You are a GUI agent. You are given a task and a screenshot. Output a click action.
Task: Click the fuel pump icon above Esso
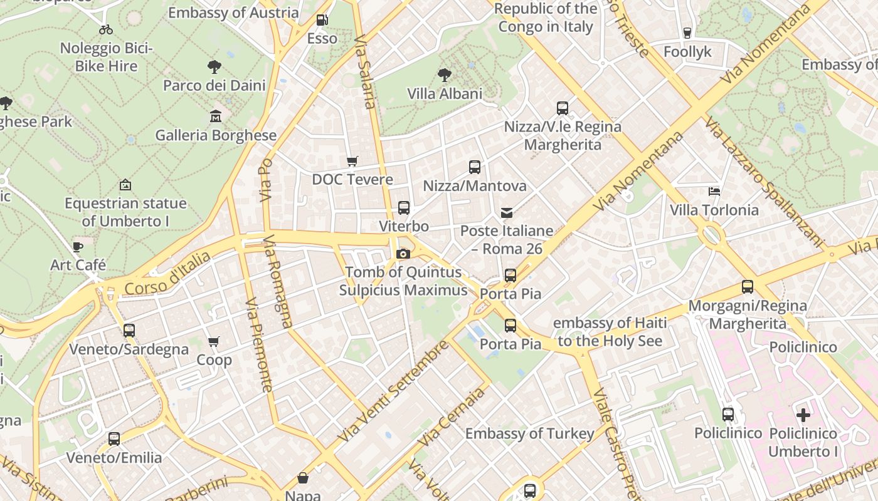(322, 20)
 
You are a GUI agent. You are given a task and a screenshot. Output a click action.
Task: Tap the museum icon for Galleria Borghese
(216, 116)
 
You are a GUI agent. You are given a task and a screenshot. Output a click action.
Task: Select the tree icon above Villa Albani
(445, 75)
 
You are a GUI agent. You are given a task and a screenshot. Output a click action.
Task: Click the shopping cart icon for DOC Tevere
(352, 161)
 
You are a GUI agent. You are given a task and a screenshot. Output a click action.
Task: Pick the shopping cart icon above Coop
(214, 342)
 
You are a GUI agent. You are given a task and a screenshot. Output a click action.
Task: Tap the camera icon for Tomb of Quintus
(403, 254)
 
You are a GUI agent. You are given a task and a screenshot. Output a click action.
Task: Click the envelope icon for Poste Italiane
(507, 213)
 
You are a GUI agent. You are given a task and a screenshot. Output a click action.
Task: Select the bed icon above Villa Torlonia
(714, 191)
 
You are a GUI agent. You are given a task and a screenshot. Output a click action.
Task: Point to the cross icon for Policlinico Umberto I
(803, 415)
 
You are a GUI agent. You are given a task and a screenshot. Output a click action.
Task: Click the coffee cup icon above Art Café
(78, 247)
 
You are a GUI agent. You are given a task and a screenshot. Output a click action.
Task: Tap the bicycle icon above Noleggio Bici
(106, 29)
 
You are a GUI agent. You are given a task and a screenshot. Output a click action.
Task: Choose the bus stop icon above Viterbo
(404, 208)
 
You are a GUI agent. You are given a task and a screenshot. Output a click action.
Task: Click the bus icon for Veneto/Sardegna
(129, 331)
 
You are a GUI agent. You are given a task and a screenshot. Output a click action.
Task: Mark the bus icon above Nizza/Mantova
(475, 167)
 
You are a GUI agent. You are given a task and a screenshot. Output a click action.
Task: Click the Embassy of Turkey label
(529, 433)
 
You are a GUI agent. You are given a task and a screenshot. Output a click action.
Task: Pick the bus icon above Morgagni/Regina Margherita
(748, 287)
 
